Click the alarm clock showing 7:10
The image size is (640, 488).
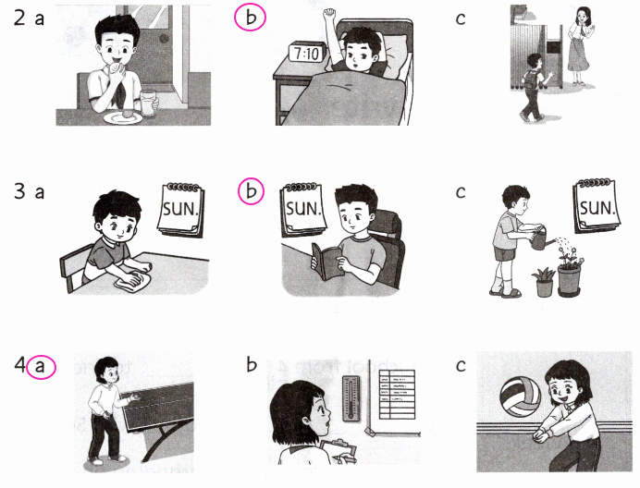pyautogui.click(x=307, y=52)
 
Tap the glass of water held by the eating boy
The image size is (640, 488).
pyautogui.click(x=149, y=104)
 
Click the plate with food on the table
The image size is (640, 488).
pyautogui.click(x=123, y=117)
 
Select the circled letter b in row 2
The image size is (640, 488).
pyautogui.click(x=251, y=18)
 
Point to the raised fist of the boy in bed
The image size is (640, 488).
pyautogui.click(x=329, y=16)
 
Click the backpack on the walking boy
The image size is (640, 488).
pyautogui.click(x=531, y=80)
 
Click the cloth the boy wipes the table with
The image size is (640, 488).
pyautogui.click(x=132, y=282)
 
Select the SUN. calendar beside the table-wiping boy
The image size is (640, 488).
pyautogui.click(x=181, y=209)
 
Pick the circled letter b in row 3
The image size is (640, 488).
pyautogui.click(x=251, y=191)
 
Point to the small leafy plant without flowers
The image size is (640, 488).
pyautogui.click(x=544, y=282)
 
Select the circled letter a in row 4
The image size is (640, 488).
pyautogui.click(x=41, y=367)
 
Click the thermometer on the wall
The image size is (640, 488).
pyautogui.click(x=351, y=398)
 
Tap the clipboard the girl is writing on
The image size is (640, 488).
pyautogui.click(x=338, y=450)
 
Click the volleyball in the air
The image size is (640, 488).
pyautogui.click(x=520, y=396)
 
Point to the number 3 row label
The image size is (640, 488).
pyautogui.click(x=19, y=191)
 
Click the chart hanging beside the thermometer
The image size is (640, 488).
pyautogui.click(x=397, y=395)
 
